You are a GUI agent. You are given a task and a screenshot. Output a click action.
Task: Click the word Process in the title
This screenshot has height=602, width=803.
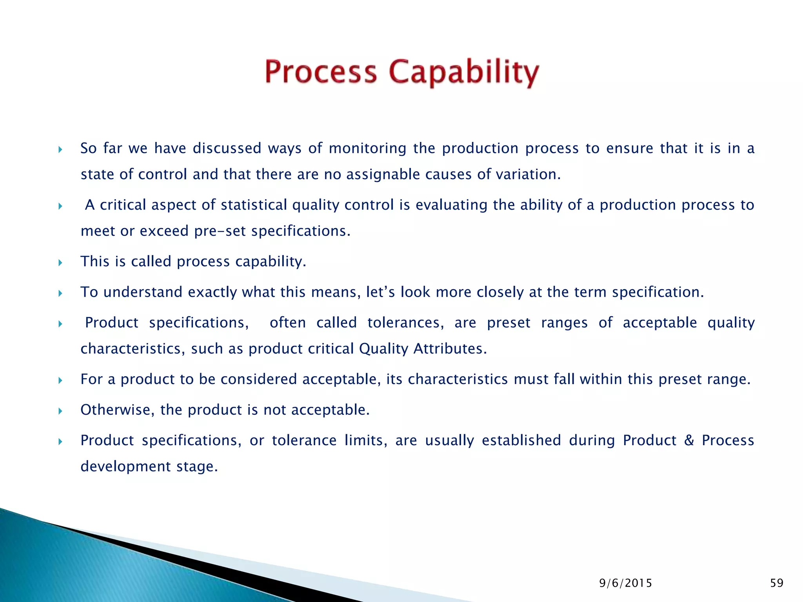321,73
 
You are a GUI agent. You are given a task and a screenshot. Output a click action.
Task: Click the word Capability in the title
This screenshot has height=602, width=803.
464,73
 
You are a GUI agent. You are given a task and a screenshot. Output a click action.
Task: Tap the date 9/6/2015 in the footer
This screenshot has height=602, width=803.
625,583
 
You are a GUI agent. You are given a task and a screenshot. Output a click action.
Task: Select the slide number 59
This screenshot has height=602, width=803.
777,583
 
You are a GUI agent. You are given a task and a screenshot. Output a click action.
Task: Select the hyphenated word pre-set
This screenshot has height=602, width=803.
220,231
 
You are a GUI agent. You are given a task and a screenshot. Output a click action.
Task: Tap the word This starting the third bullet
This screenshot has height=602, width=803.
94,261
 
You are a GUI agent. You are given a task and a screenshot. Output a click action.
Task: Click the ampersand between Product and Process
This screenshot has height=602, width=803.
689,440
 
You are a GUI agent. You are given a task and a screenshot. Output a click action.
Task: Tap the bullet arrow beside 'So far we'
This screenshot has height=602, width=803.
60,149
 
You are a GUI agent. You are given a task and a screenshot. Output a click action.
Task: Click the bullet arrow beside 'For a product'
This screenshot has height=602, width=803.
60,380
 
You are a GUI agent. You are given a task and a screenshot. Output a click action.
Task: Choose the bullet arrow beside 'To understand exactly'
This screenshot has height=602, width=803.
60,293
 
